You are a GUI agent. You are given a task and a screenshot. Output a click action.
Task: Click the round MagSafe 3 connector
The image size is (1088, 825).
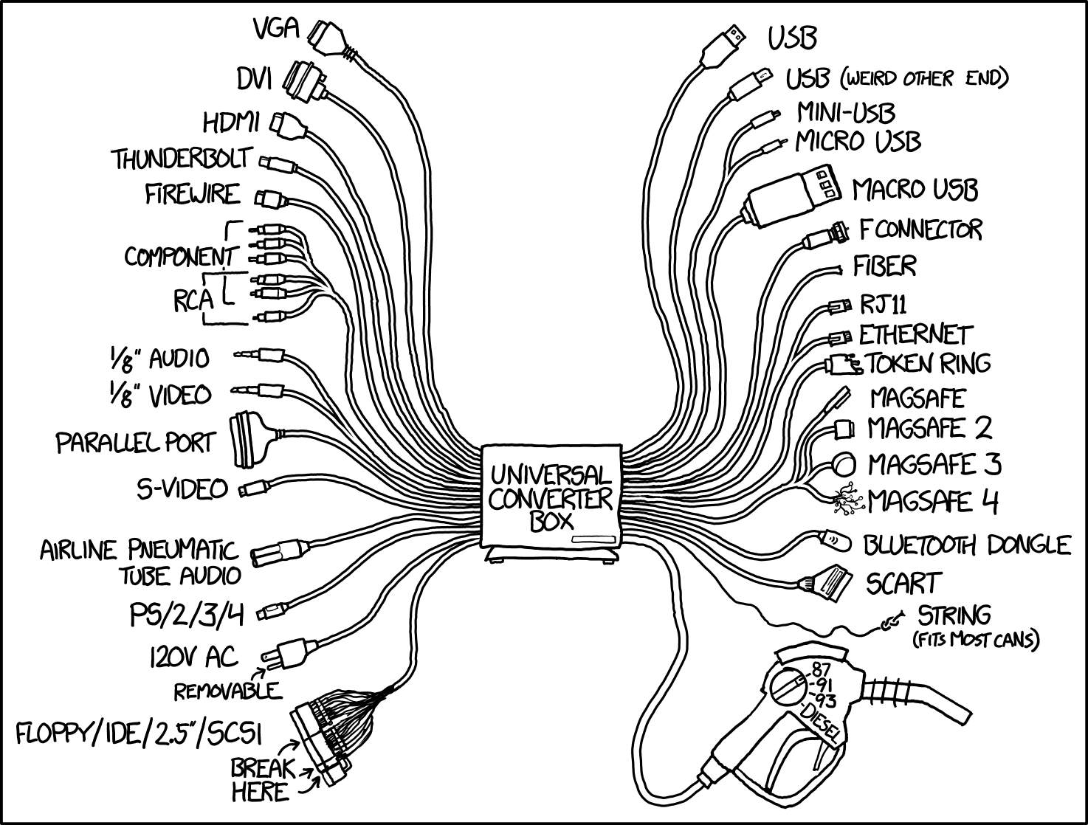coord(843,465)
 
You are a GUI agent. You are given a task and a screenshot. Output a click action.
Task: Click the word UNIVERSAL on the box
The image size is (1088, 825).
coord(551,473)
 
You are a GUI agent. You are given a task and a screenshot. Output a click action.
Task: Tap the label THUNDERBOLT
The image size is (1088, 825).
coord(182,159)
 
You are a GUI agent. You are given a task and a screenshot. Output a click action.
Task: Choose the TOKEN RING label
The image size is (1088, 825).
coord(927,363)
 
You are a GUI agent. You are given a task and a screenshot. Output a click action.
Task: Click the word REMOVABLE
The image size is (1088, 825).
coord(227,691)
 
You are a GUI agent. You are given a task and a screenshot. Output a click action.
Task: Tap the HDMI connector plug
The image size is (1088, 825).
coord(289,125)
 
